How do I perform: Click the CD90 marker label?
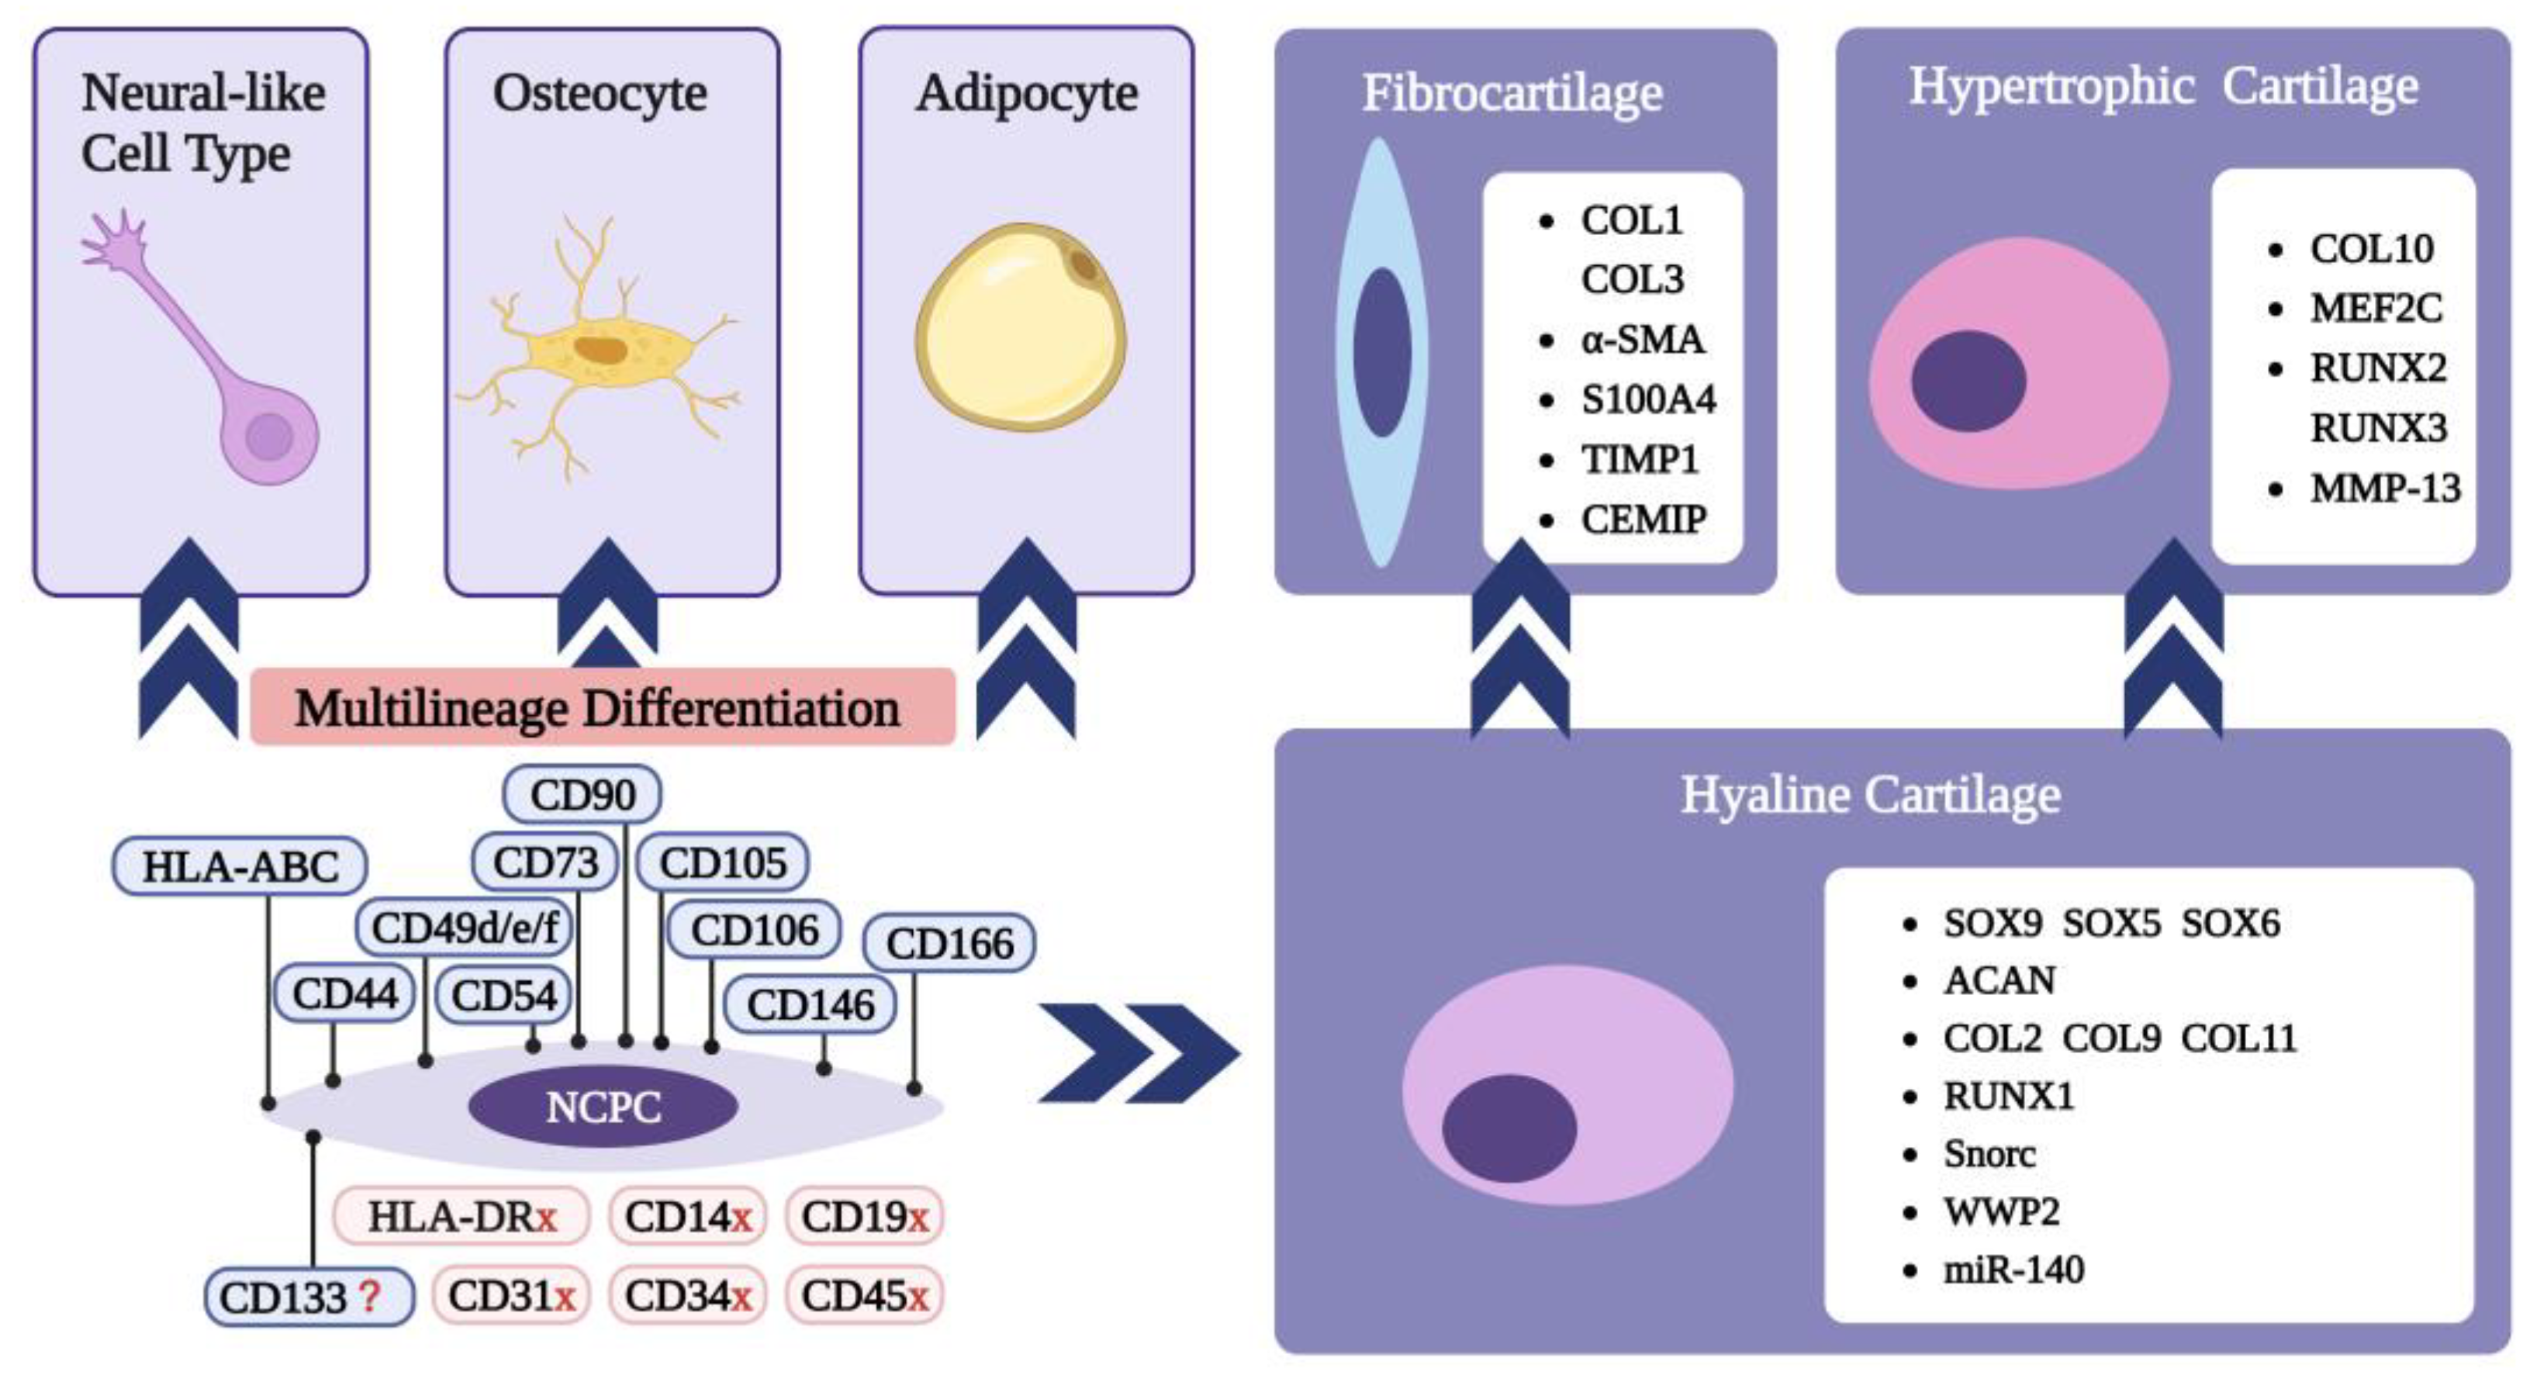(582, 794)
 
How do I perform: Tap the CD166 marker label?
(949, 944)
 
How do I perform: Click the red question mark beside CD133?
(369, 1296)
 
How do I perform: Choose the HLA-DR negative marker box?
(461, 1217)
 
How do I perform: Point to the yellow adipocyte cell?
(1021, 328)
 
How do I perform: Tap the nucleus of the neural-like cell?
(269, 437)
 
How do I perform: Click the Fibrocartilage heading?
(1512, 94)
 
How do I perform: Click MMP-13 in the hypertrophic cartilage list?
(2384, 489)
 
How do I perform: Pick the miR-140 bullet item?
(2013, 1270)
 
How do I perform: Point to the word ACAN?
(1998, 980)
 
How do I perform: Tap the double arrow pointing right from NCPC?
(1139, 1053)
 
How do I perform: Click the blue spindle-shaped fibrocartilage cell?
(1381, 351)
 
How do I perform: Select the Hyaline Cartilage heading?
(1869, 795)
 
